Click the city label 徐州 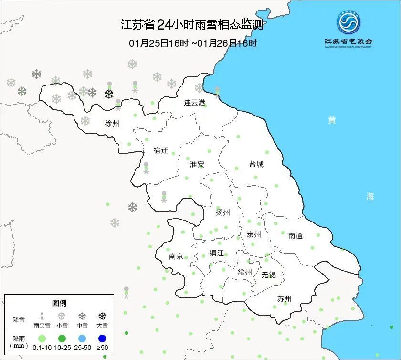(112, 123)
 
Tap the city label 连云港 (195, 103)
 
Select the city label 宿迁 (161, 150)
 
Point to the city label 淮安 (197, 164)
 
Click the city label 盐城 (256, 164)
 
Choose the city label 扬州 (222, 212)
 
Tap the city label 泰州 (254, 234)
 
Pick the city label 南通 (295, 235)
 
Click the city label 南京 (176, 256)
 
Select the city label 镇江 (217, 253)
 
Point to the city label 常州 (244, 272)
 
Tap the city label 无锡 (268, 275)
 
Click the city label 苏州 (284, 299)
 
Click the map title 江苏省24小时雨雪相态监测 (192, 24)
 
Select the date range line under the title (193, 43)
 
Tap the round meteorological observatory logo (348, 22)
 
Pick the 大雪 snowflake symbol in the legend (102, 316)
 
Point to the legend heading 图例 (59, 303)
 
